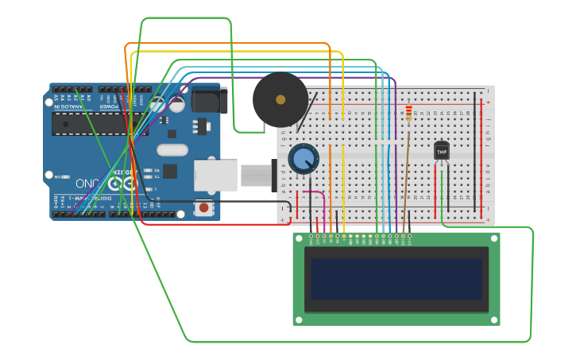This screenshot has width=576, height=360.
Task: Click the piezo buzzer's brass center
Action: pos(280,99)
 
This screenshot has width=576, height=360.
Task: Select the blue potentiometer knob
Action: pos(303,159)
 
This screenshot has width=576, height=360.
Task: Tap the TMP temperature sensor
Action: pos(442,150)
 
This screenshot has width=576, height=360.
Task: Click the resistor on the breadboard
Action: pos(409,114)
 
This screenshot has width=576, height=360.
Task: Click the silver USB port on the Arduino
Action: pos(215,175)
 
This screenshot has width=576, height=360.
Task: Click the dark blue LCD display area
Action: pos(396,278)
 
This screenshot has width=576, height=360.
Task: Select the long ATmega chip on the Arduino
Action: pos(87,123)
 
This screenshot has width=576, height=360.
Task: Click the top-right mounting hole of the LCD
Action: pos(494,238)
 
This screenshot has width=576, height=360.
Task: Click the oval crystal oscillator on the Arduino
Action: pos(172,149)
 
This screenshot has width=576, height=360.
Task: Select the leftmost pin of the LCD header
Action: pos(311,236)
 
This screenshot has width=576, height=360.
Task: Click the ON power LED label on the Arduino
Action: pos(57,176)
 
